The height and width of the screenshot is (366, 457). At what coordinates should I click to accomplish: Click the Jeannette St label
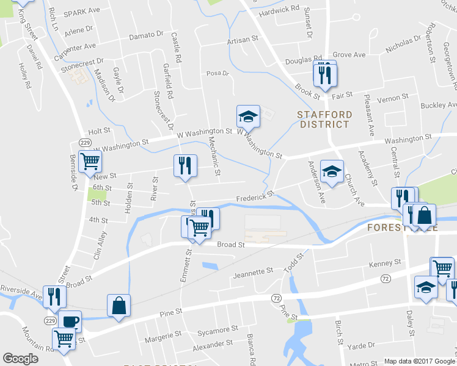[x=252, y=271]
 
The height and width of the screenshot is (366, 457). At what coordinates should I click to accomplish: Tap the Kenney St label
[x=385, y=264]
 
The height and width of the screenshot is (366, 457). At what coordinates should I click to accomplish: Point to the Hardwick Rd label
[x=279, y=10]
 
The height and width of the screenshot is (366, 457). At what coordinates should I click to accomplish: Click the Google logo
[x=20, y=359]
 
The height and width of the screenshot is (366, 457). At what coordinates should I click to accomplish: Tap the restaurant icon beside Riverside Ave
[x=54, y=297]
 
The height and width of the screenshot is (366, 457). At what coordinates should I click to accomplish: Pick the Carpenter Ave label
[x=76, y=46]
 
